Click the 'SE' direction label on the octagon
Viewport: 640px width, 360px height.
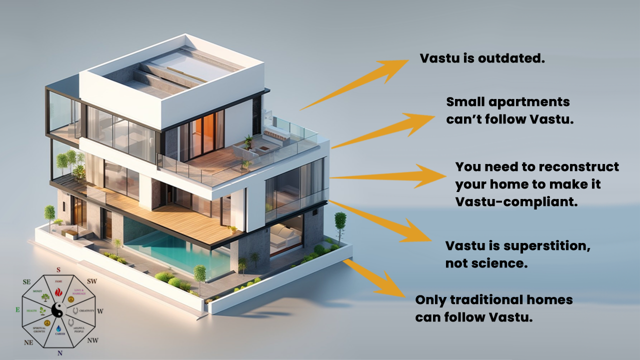pyautogui.click(x=27, y=282)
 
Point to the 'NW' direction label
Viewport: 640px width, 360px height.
pyautogui.click(x=92, y=341)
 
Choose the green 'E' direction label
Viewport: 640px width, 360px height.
pyautogui.click(x=18, y=310)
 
